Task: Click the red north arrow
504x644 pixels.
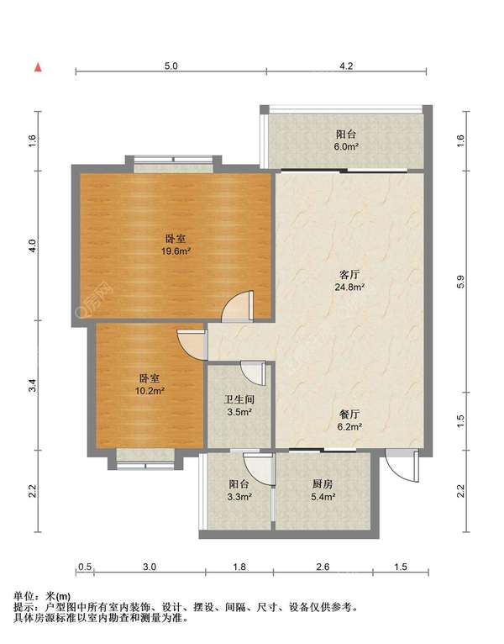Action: (38, 68)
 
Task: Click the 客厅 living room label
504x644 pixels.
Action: (349, 274)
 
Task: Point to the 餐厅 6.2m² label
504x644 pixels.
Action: (349, 420)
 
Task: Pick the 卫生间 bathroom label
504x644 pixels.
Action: (239, 399)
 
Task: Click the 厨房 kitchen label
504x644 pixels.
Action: (323, 484)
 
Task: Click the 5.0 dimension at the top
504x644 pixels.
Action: (171, 66)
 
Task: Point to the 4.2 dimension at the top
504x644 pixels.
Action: (346, 66)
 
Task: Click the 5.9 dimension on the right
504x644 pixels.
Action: (460, 282)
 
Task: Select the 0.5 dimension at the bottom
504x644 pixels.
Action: (85, 567)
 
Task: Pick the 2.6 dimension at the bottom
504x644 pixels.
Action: (323, 567)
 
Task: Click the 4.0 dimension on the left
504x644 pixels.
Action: (34, 245)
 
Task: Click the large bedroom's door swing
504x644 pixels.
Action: (238, 305)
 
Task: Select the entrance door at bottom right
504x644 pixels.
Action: (402, 465)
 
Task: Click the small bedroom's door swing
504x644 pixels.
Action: (192, 344)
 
